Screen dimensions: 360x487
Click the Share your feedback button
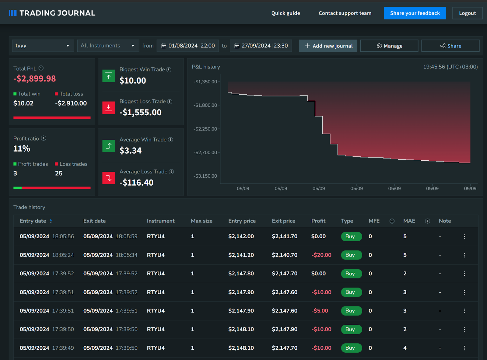point(415,13)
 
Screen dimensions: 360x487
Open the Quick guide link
point(286,13)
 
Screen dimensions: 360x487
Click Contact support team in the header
point(345,13)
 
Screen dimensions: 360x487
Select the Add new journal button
point(328,46)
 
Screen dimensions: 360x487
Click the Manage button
point(389,46)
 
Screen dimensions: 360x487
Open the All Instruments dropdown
point(108,46)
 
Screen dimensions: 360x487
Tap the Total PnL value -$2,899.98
point(35,79)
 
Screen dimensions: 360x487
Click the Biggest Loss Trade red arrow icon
point(109,108)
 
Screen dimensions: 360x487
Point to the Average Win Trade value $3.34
point(131,151)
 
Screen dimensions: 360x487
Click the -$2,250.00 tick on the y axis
point(205,129)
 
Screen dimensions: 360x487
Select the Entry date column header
point(33,221)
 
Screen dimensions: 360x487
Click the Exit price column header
point(283,221)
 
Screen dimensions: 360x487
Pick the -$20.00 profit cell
point(321,255)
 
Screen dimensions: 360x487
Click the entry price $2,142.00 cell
point(241,236)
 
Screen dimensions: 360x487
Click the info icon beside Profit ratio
point(44,138)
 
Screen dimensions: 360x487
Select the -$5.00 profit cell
point(320,311)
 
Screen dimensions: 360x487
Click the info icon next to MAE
point(427,221)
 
